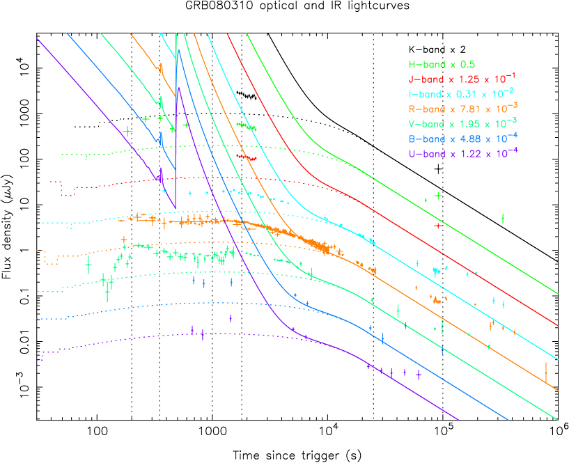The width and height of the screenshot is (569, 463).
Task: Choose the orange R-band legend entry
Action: point(462,108)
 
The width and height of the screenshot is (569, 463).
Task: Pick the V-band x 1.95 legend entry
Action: point(462,123)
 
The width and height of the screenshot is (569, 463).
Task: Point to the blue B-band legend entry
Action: point(462,138)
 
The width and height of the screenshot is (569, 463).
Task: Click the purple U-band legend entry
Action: point(462,152)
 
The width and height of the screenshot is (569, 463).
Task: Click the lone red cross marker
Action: point(437,226)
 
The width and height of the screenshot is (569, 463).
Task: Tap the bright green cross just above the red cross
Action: point(438,196)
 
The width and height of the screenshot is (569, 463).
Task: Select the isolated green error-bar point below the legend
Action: point(503,219)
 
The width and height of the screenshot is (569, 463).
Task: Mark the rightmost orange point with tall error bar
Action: point(546,372)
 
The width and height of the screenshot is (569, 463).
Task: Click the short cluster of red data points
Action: point(247,158)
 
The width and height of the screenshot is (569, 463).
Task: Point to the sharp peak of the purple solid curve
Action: point(178,88)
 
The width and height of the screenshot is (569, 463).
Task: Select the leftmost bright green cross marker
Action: point(127,130)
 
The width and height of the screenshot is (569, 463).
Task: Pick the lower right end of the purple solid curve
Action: point(458,420)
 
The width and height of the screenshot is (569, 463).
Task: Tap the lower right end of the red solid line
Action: point(558,324)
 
